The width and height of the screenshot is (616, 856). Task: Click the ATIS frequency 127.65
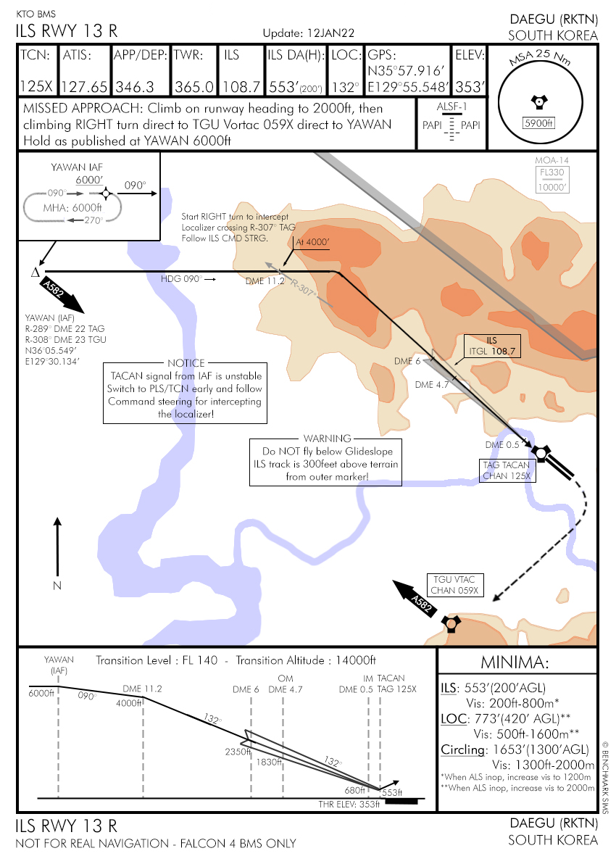85,87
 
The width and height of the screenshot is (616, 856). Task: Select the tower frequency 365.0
194,87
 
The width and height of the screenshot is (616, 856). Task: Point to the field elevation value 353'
470,87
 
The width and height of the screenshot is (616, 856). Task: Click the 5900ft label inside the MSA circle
538,122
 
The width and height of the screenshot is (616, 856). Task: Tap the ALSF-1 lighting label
451,107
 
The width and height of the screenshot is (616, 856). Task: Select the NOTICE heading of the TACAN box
186,364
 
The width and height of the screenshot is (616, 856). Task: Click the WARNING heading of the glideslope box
327,439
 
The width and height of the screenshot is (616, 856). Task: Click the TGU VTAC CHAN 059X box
454,585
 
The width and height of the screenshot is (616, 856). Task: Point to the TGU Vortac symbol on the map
451,623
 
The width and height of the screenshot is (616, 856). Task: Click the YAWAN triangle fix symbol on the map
34,273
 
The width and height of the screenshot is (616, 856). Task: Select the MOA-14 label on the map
552,159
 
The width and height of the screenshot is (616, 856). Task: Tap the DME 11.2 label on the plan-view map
265,281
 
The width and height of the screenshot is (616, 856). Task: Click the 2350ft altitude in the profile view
238,752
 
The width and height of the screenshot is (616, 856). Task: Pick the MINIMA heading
516,662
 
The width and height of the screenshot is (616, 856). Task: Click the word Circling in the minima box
462,750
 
